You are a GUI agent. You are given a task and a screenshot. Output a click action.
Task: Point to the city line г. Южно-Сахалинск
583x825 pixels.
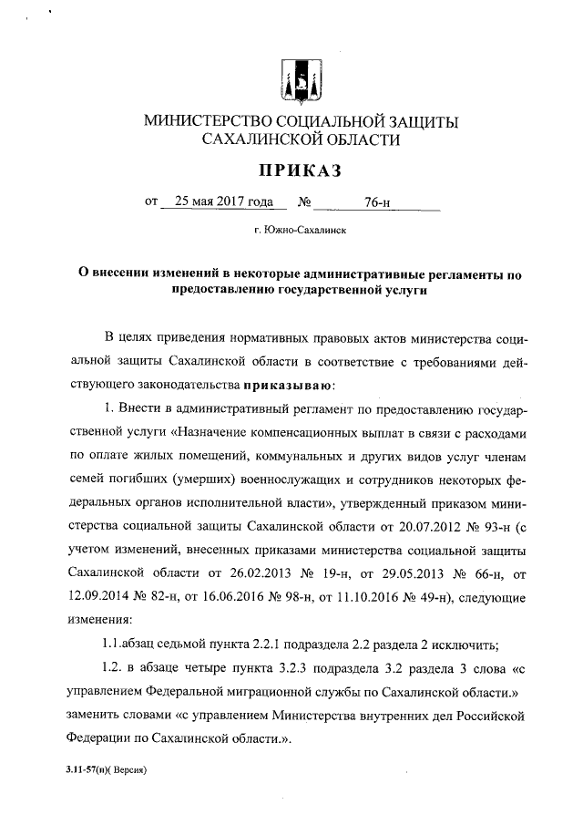tap(291, 232)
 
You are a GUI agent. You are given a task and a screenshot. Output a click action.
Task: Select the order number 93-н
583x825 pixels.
tap(483, 524)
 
